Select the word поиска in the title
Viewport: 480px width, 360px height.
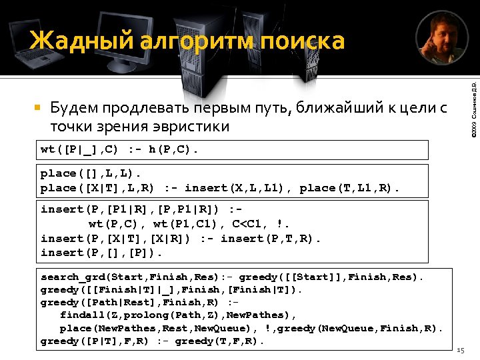(303, 41)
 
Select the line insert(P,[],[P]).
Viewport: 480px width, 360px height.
(101, 252)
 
